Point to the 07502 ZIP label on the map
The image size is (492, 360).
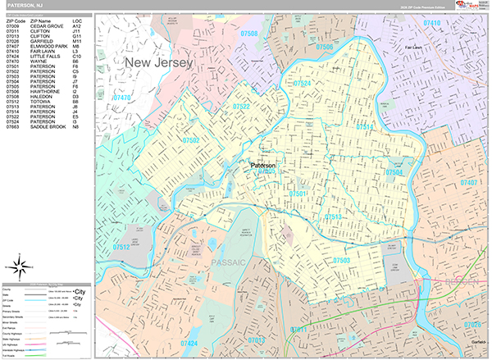pos(191,140)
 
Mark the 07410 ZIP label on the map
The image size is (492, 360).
pos(430,24)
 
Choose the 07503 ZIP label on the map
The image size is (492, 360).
pos(347,260)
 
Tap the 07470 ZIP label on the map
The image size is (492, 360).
pos(122,98)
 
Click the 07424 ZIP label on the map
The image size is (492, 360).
pos(189,342)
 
